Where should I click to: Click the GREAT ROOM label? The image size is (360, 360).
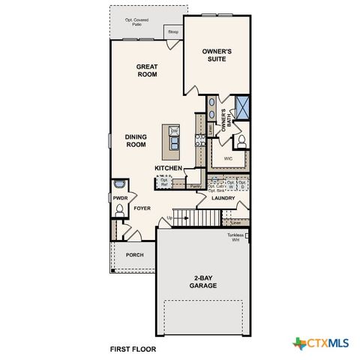146,70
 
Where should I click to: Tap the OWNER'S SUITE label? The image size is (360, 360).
217,55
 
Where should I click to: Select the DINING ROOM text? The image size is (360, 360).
136,141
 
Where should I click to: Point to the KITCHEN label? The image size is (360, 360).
169,168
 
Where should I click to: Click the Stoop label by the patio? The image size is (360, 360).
173,32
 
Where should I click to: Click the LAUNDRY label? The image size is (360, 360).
223,199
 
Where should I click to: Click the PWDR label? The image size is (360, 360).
120,198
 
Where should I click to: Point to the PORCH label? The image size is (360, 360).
134,254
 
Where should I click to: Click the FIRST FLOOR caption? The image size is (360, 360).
134,349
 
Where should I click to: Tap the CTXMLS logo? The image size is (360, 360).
320,343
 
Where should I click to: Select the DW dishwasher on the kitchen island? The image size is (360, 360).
174,132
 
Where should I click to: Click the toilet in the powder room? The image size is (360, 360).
119,211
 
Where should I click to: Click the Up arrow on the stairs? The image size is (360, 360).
170,217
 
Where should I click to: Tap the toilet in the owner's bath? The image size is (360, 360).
242,141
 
